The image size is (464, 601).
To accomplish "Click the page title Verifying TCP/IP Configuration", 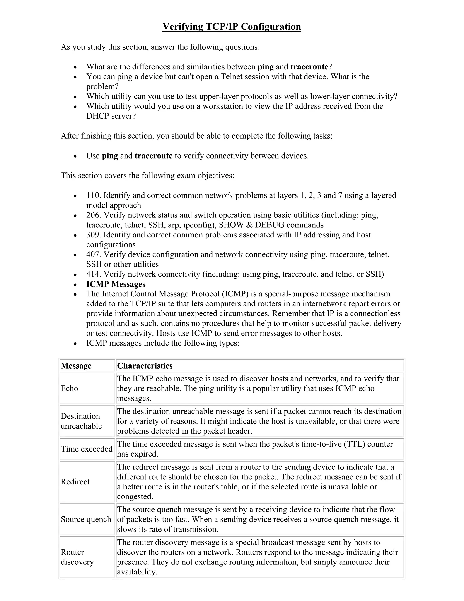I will point(232,27).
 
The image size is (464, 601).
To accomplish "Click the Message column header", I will point(76,366).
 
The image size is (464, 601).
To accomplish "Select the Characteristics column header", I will point(145,366).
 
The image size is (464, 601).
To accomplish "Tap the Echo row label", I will point(70,388).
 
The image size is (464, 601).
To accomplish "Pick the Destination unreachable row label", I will point(81,421).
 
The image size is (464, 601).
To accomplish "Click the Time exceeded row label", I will point(87,449).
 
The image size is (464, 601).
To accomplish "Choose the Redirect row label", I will point(75,481).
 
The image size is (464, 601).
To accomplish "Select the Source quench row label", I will point(86,519).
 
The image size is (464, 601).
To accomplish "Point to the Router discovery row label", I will point(77,557).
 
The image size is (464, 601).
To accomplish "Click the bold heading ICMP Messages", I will point(116,284).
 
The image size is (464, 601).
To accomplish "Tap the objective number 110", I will point(94,195).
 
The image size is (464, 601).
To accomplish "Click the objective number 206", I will point(94,215).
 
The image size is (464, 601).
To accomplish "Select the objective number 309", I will point(94,235).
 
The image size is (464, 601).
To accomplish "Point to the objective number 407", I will point(94,254).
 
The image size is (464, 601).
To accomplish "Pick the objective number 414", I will point(94,274).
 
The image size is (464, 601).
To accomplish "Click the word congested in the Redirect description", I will point(135,496).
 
